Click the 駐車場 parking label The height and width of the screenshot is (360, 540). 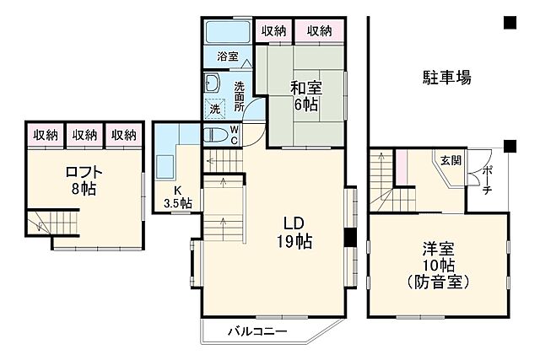pos(446,78)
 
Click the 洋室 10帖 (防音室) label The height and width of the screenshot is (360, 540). pos(438,265)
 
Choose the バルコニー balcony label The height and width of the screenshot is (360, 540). pos(256,331)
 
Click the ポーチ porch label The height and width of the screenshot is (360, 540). pos(488,180)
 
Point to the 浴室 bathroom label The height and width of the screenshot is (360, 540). pos(228,57)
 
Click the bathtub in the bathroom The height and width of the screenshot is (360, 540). pos(228,33)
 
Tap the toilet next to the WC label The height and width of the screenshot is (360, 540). pos(215,133)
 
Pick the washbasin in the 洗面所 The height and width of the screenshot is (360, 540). pos(212,84)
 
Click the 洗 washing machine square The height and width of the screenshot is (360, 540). pos(215,110)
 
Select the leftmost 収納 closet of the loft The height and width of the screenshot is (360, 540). pos(46,135)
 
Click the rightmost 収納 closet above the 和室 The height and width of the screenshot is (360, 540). pos(320,30)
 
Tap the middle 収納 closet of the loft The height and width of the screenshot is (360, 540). pos(84,135)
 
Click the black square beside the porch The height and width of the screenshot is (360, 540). pos(510,146)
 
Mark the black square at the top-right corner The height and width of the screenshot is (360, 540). pos(510,23)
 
